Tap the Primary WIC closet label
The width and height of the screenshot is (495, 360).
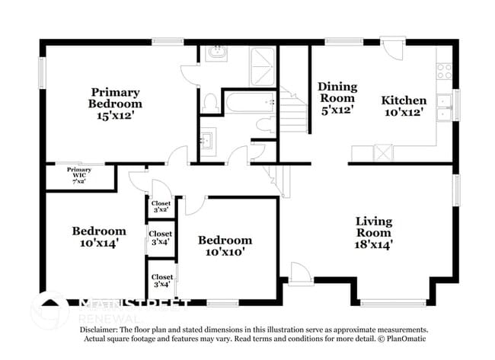[79, 175]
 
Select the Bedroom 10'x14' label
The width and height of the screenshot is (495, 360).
[99, 236]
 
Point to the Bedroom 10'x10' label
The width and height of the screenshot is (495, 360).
[225, 245]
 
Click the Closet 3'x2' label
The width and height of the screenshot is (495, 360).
[161, 207]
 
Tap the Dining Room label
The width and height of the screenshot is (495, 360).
[336, 92]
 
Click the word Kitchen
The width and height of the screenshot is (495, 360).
[404, 100]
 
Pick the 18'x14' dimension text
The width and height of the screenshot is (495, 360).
[374, 244]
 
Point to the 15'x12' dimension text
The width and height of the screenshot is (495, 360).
[114, 116]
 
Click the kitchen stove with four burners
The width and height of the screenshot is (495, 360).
[443, 72]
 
